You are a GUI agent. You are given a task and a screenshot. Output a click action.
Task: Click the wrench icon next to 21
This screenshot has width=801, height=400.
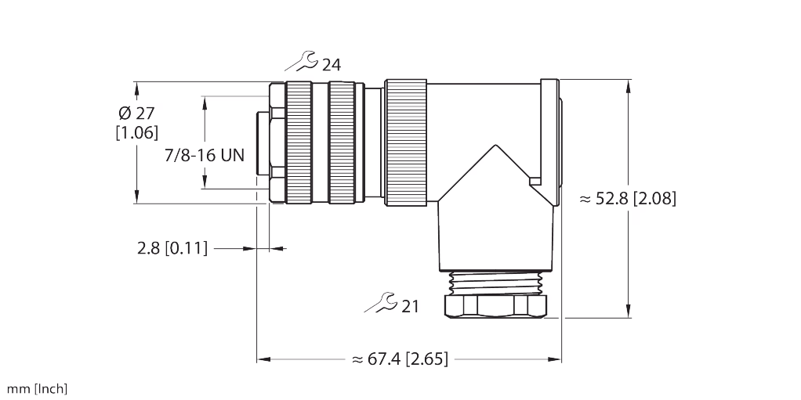(382, 303)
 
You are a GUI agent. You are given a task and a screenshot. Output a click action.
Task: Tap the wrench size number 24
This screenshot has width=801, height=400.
(331, 65)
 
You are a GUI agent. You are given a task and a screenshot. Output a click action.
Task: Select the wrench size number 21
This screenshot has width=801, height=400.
(410, 307)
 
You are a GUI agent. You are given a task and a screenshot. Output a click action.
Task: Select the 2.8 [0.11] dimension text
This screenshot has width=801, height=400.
(172, 249)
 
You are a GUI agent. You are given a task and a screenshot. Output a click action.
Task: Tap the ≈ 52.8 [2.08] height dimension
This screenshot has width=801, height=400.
(627, 199)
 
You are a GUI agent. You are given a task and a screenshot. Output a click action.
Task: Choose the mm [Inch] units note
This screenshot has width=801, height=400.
(37, 388)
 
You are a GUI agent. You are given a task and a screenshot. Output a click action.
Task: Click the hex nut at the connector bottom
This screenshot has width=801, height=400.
(495, 305)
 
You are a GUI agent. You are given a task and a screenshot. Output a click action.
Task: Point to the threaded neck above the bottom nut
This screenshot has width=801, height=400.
(495, 280)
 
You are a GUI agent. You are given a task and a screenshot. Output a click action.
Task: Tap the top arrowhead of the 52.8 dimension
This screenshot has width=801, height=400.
(629, 86)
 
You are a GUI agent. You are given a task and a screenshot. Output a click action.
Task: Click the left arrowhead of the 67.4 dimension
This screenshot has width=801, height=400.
(264, 359)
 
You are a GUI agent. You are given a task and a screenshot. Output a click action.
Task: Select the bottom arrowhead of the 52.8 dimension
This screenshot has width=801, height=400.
(629, 312)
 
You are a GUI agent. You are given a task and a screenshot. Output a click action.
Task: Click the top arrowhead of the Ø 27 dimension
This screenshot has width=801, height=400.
(136, 87)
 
